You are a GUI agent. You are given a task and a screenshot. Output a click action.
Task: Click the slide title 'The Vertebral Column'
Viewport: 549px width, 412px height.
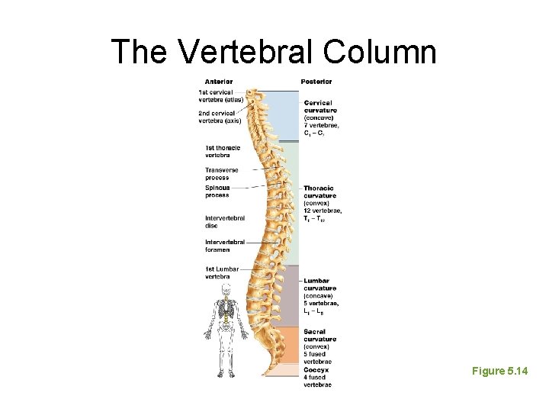[274, 52]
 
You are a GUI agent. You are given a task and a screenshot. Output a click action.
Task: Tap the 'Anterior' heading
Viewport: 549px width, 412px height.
[218, 82]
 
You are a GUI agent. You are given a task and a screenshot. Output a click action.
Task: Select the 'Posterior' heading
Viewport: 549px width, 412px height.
[316, 82]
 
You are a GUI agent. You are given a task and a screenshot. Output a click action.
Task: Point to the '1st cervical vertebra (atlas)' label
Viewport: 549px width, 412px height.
[220, 95]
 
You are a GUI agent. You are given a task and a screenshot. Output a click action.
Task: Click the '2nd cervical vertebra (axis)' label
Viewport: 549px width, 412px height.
[220, 117]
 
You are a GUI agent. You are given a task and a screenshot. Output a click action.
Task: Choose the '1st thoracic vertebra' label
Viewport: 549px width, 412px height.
[222, 151]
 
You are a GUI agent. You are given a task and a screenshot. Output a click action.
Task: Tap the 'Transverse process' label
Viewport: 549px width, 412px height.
[221, 173]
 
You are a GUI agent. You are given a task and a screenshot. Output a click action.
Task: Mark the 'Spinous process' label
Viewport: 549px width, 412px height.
[217, 191]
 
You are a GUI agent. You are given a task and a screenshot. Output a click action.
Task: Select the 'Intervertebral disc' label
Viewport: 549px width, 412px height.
[225, 221]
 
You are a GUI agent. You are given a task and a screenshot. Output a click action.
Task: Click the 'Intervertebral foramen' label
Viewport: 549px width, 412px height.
[225, 246]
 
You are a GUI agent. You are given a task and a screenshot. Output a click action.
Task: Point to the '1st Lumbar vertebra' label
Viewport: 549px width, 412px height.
[222, 272]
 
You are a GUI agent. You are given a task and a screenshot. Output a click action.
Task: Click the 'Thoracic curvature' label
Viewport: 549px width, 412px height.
[319, 192]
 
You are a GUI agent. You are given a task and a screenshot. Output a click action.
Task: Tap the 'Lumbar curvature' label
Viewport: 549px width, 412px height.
[319, 285]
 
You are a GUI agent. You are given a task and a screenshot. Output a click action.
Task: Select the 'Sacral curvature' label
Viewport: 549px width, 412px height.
[319, 336]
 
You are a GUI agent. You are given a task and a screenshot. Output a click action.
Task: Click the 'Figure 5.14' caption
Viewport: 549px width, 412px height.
[499, 371]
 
